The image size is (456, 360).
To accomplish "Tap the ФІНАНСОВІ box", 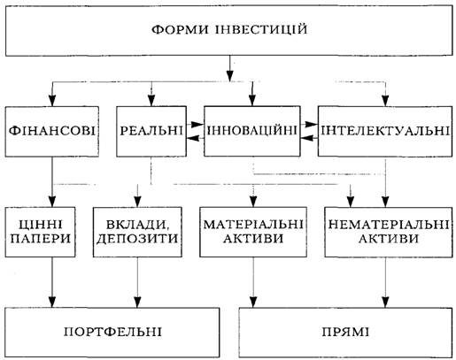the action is coord(52,132).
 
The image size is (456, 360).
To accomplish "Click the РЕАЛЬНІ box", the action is coord(151,132).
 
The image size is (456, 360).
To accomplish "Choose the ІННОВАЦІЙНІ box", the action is coord(252,131).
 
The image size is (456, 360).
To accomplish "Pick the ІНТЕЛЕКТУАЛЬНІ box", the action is coord(385,131).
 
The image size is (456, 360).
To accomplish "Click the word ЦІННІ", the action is coord(41,225).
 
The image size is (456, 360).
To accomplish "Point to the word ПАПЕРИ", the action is coord(41,239).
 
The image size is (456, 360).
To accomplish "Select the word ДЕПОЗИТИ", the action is coord(137,239).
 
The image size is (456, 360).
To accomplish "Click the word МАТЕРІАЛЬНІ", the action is coord(253,225).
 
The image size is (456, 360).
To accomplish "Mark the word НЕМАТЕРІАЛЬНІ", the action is coord(389,225).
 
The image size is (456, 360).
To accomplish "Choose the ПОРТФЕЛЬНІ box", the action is coord(112,333).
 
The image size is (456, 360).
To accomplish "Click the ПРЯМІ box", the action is coord(345,333).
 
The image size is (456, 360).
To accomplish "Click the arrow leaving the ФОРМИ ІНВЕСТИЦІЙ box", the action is coord(230,68).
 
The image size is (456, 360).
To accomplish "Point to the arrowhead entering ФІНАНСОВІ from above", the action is coord(52,101).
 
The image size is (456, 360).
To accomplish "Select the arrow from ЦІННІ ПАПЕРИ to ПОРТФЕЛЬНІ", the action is coord(52,282).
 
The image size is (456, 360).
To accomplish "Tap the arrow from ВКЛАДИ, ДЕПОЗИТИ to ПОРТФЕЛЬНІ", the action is coord(137,282).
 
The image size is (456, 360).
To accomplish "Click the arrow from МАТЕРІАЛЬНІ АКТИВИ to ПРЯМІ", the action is coord(253,282).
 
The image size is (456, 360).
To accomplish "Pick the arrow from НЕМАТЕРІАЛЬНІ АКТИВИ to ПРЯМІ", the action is coord(385,282).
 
